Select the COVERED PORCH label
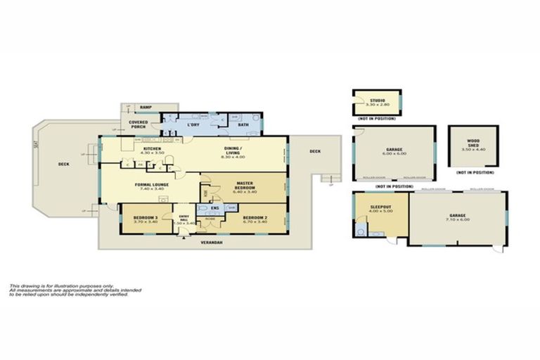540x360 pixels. (138, 124)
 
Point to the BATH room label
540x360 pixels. (243, 125)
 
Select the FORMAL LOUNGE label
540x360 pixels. (148, 185)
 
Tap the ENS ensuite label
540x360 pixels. (214, 208)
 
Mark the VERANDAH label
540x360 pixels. (211, 242)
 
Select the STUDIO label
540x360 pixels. (378, 101)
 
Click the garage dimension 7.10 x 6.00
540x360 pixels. (456, 219)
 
